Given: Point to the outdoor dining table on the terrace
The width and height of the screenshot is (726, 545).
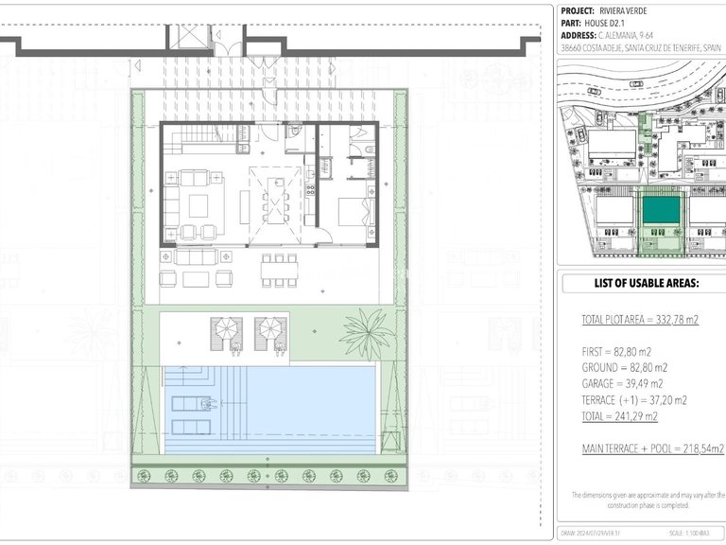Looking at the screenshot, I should pyautogui.click(x=279, y=271).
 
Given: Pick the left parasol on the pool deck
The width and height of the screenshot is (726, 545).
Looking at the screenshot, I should pyautogui.click(x=228, y=331).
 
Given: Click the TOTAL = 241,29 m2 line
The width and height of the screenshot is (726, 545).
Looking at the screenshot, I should pyautogui.click(x=620, y=415).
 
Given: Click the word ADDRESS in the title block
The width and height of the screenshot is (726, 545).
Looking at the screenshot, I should pyautogui.click(x=579, y=36).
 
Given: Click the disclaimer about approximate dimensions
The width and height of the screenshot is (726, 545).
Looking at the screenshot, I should pyautogui.click(x=648, y=501).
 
